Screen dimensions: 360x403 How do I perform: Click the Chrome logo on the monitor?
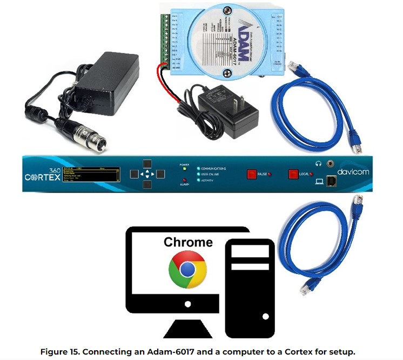(x=187, y=269)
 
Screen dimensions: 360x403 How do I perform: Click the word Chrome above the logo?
(x=188, y=242)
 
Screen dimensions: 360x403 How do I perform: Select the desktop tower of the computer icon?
(x=250, y=286)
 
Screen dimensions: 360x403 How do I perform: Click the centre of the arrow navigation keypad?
(x=146, y=174)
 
